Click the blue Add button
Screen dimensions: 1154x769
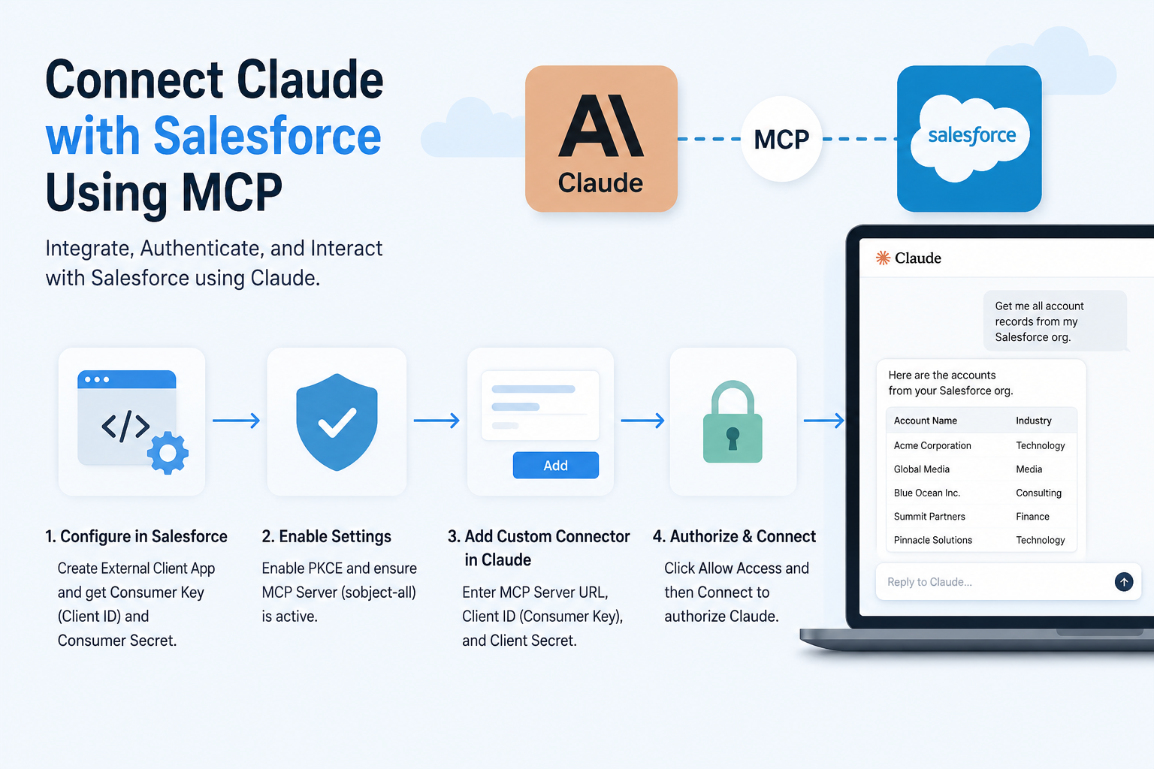coord(555,465)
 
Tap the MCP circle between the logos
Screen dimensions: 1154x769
coord(781,139)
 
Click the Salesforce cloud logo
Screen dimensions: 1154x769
coord(970,138)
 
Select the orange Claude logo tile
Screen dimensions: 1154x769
coord(601,138)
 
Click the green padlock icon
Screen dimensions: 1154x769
coord(733,422)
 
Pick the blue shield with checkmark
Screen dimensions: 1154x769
coord(337,422)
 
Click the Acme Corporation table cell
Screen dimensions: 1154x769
coord(932,445)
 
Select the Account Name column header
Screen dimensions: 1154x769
coord(926,421)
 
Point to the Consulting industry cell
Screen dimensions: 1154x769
coord(1038,493)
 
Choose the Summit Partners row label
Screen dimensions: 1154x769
coord(929,516)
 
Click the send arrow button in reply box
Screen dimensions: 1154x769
coord(1124,581)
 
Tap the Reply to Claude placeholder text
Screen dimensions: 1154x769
coord(929,581)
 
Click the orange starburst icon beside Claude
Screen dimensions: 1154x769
coord(883,258)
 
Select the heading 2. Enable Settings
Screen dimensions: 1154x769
coord(327,536)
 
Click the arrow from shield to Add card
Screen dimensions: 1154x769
coord(437,421)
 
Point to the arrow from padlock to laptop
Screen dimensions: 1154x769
coord(823,421)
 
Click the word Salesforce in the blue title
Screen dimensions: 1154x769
coord(267,135)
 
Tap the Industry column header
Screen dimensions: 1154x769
coord(1034,421)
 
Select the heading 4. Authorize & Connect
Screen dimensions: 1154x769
coord(734,536)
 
